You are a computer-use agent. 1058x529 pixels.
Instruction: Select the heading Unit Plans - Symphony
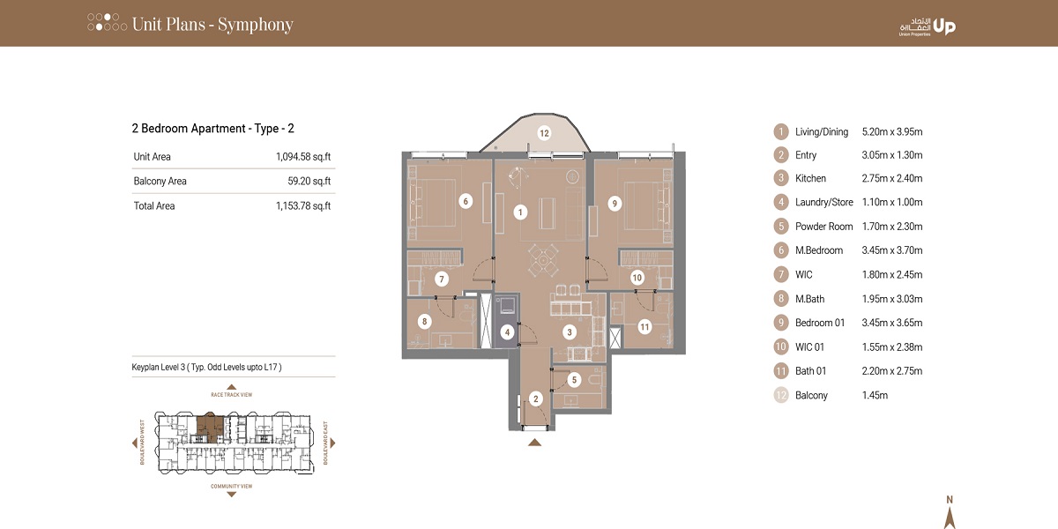click(x=212, y=24)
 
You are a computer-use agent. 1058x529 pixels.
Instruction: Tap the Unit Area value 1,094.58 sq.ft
click(x=302, y=157)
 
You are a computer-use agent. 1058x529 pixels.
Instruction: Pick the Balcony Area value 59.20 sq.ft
click(x=309, y=182)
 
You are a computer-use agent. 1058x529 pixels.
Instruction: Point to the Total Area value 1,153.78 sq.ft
click(x=302, y=206)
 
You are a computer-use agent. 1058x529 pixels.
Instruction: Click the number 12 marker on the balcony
click(x=544, y=134)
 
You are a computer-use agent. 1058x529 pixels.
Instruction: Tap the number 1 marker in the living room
click(x=520, y=212)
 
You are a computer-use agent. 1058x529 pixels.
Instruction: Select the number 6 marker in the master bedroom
click(x=465, y=201)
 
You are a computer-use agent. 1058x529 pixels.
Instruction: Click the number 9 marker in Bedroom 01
click(x=615, y=203)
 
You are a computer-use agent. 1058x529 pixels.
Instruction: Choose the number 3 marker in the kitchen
click(x=570, y=332)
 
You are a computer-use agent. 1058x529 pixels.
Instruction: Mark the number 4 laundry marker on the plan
click(x=507, y=332)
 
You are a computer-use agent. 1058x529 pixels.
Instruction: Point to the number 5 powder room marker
click(x=574, y=380)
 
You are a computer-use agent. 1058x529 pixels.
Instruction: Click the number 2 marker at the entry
click(x=535, y=399)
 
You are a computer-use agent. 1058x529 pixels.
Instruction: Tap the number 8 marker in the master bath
click(x=425, y=322)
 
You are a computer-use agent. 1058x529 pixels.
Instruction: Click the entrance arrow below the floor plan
click(x=534, y=442)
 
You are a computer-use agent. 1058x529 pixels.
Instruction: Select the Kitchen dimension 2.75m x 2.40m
click(x=891, y=178)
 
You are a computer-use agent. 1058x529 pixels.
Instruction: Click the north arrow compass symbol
click(x=949, y=514)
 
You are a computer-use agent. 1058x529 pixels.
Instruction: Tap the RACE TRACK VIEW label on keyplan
click(x=232, y=395)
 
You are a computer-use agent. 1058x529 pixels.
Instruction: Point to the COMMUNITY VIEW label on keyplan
click(x=232, y=486)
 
